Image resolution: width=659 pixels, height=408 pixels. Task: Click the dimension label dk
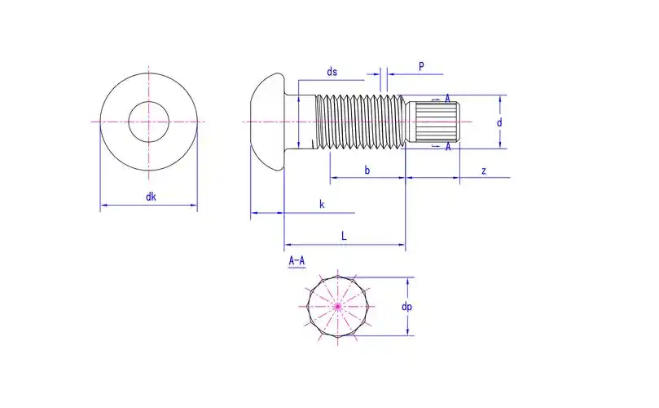pos(151,197)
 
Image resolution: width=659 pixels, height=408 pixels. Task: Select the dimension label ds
pos(332,72)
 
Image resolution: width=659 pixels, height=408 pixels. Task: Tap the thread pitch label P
pos(421,66)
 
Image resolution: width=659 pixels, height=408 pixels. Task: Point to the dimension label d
pos(499,122)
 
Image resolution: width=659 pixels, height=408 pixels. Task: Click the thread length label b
pos(367,171)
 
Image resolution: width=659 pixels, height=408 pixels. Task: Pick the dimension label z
pos(484,171)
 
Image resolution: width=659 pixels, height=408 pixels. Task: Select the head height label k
pos(322,204)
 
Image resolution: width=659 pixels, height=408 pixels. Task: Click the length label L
pos(344,235)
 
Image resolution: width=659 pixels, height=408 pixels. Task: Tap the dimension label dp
pos(406,307)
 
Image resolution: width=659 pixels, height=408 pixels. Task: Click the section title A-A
pos(297,261)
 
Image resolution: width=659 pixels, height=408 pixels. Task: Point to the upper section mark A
pos(448,99)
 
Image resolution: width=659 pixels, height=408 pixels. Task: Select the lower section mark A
pos(448,147)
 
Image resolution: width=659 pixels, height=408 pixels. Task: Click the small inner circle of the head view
pos(149,122)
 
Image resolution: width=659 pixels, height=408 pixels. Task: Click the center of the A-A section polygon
pos(337,306)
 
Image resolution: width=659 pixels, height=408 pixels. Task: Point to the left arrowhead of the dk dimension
pos(103,206)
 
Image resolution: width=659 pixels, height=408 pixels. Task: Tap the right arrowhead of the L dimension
pos(402,244)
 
